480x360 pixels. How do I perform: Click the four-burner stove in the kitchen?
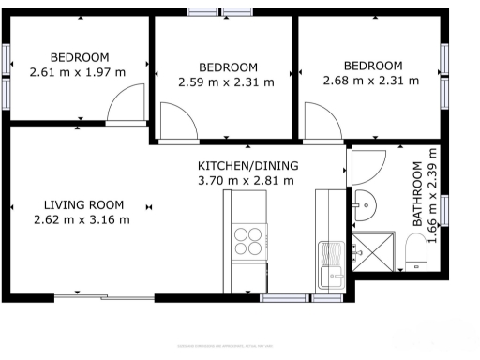click(247, 241)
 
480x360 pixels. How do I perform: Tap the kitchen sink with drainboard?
click(331, 263)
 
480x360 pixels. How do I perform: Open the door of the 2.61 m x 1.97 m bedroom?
click(125, 106)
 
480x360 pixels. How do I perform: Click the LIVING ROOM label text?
click(84, 205)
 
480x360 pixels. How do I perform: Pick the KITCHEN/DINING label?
click(245, 166)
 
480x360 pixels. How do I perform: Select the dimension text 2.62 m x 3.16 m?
click(81, 220)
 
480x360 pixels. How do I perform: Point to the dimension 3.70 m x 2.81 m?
click(245, 181)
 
